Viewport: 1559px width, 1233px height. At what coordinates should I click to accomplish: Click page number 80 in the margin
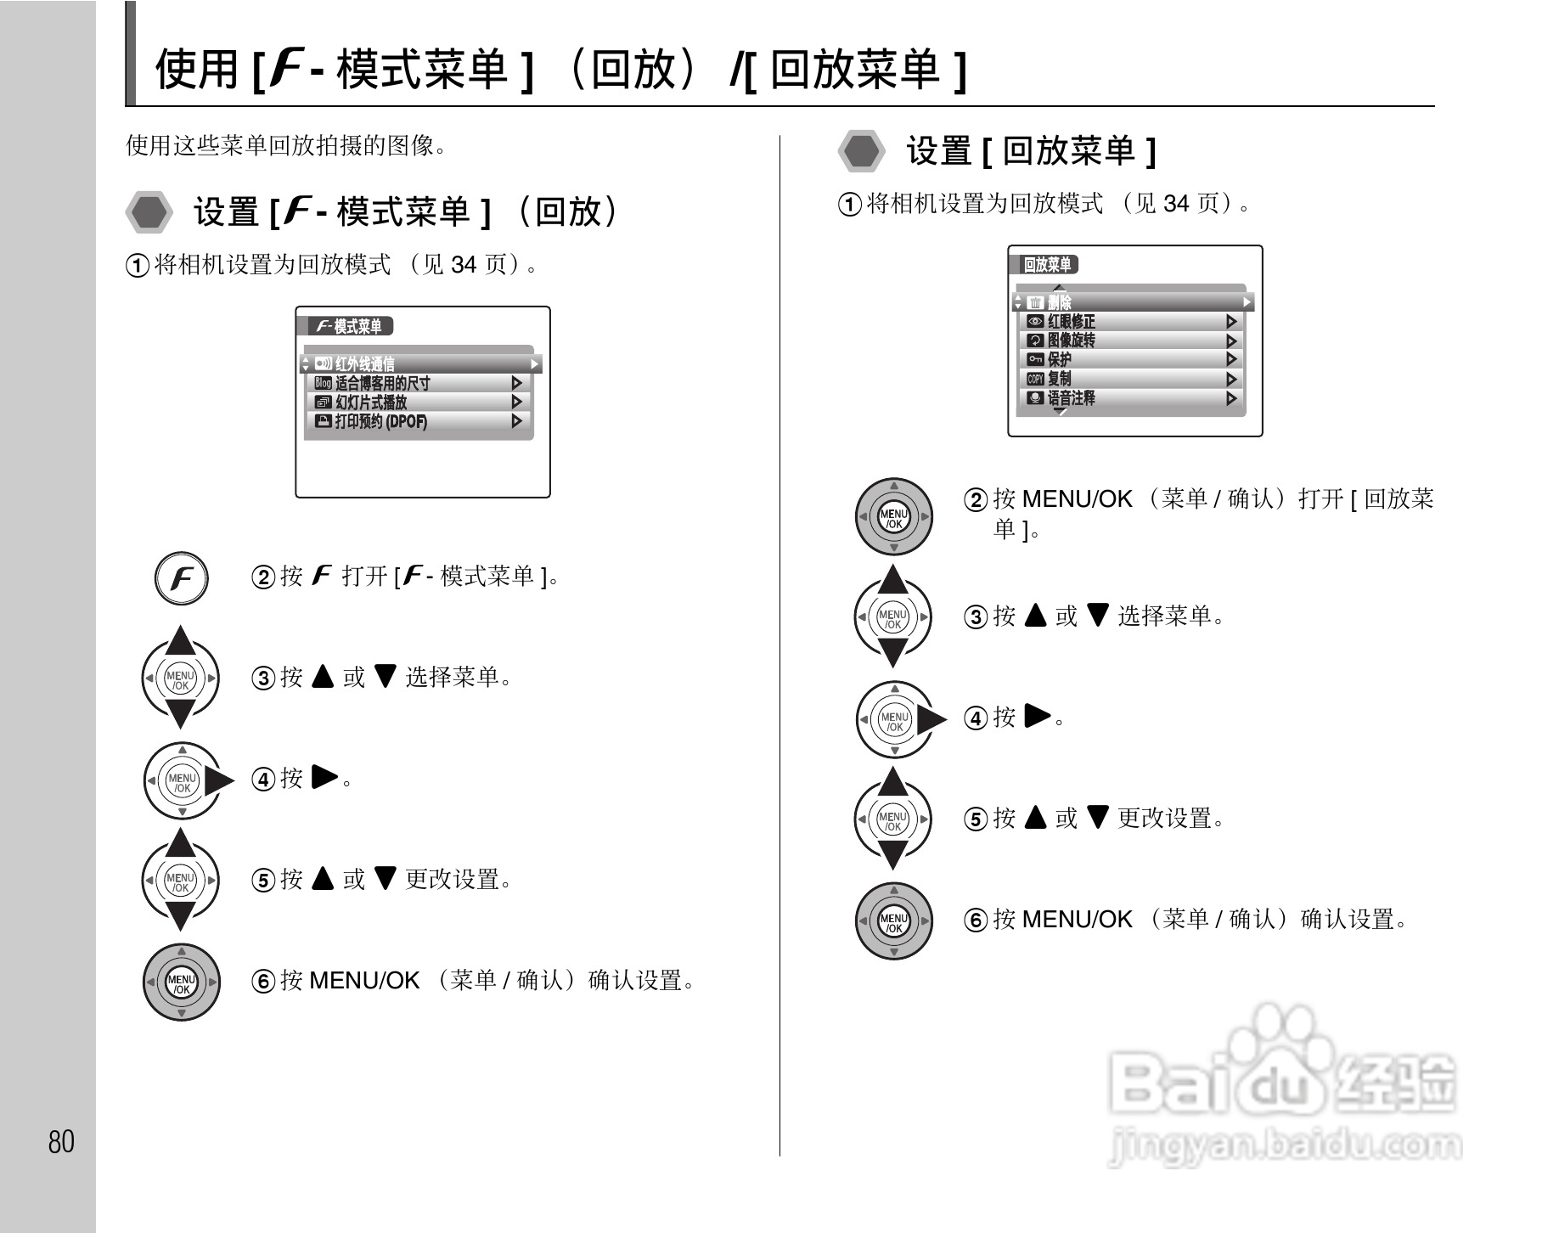coord(61,1141)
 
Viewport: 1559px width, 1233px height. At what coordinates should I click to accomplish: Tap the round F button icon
coord(181,579)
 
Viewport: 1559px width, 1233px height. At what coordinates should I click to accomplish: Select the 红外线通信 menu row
coord(421,364)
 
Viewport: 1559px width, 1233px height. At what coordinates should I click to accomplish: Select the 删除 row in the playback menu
coord(1134,302)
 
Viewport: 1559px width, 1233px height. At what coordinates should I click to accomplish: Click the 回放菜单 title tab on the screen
coord(1048,265)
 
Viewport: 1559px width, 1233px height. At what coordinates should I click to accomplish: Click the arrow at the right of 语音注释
coord(1231,398)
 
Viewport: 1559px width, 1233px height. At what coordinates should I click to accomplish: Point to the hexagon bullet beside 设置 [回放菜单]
coord(862,151)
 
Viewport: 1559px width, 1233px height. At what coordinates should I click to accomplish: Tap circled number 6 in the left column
coord(263,982)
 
